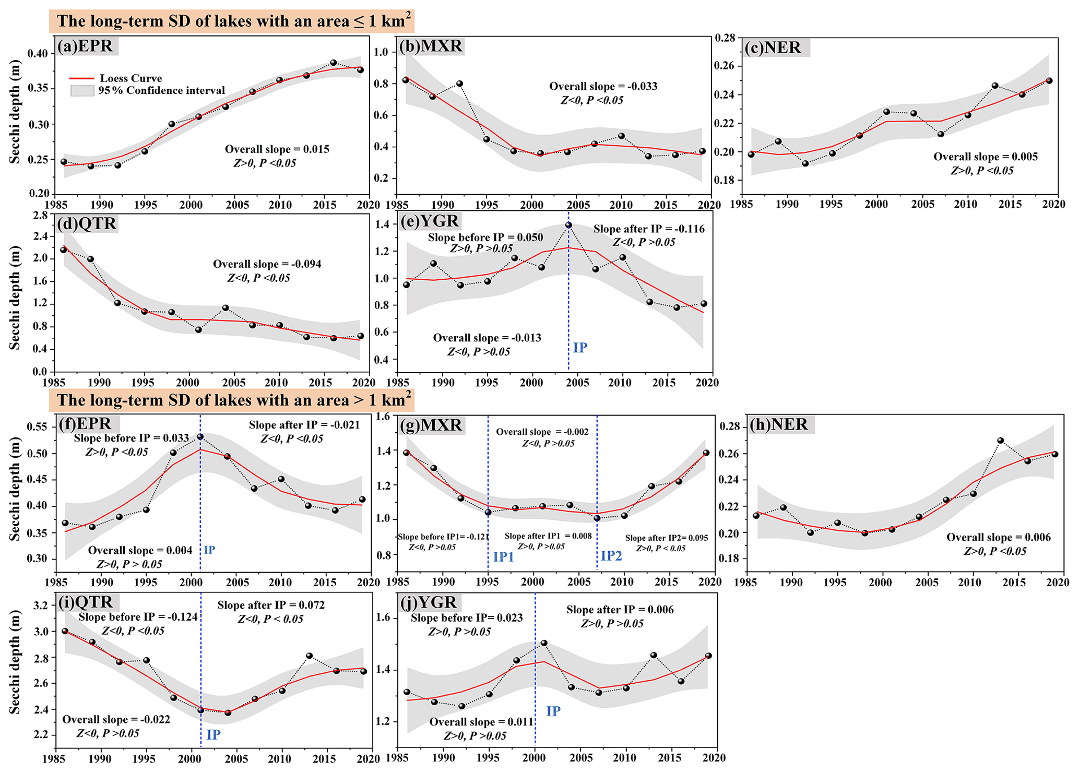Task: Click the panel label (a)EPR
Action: tap(87, 46)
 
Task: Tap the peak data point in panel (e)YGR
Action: tap(568, 225)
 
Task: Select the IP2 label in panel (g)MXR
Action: tap(611, 555)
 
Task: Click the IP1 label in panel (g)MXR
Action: tap(503, 556)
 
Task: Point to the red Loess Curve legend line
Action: tap(81, 78)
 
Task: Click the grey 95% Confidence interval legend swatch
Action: tap(82, 90)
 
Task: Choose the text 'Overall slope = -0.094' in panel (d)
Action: tap(267, 264)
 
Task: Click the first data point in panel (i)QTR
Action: tap(65, 631)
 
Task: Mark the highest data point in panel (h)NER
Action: tap(1000, 441)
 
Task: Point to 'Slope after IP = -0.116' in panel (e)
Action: tap(649, 229)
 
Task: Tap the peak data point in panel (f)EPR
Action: tap(200, 436)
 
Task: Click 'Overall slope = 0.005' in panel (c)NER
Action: tap(986, 157)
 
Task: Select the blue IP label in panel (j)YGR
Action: tap(553, 711)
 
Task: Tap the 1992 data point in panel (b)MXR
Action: tap(459, 84)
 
